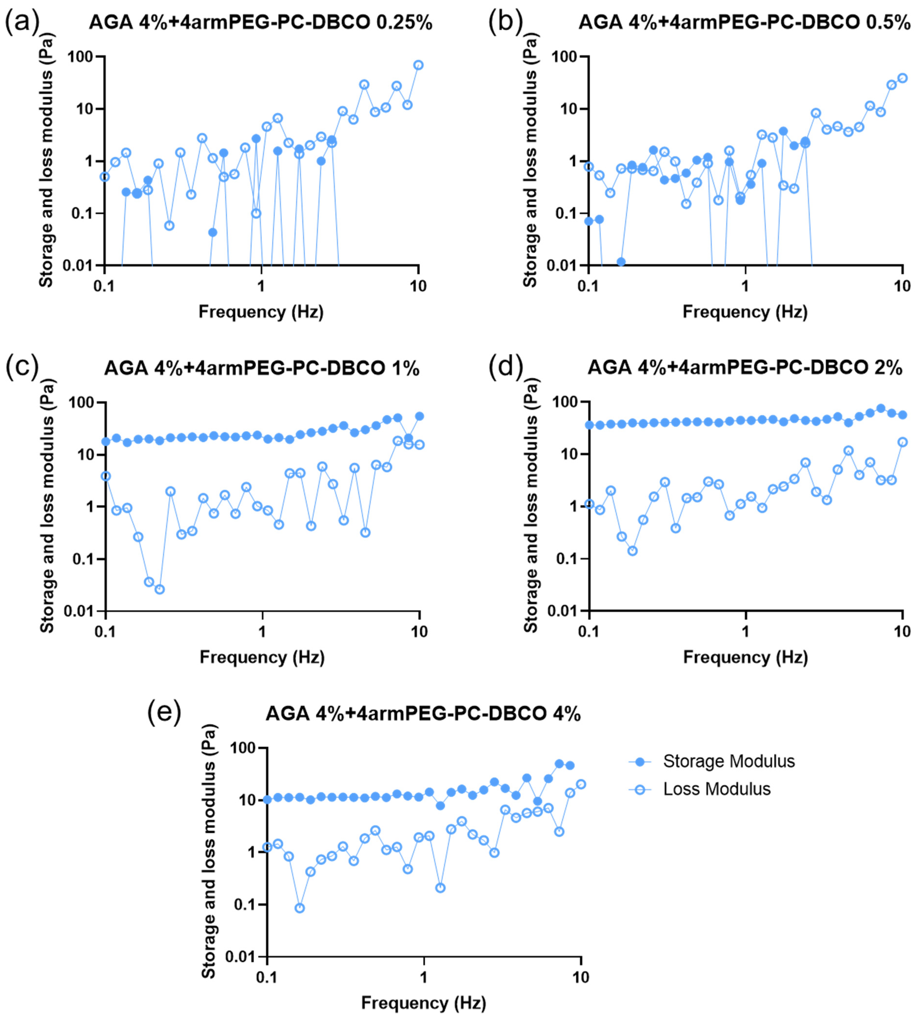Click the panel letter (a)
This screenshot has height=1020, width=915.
tap(22, 23)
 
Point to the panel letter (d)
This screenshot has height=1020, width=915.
tap(506, 367)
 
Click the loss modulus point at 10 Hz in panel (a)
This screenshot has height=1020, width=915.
tap(418, 65)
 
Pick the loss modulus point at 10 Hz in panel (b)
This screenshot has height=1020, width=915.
tap(902, 78)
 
